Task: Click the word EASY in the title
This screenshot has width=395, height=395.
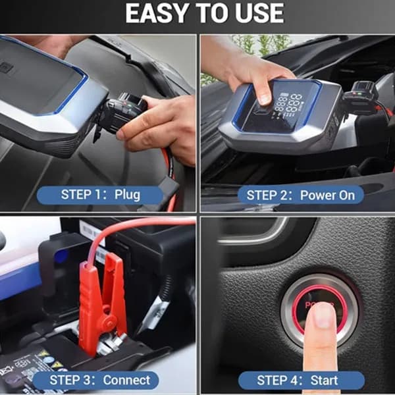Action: coord(158,13)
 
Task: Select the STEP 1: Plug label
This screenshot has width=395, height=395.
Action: coord(100,195)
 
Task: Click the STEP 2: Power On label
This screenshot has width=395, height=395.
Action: coord(301,195)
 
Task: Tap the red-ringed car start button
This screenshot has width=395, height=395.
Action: coord(320,310)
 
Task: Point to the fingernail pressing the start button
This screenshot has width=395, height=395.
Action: coord(322,319)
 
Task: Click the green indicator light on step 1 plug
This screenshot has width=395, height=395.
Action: coord(129,106)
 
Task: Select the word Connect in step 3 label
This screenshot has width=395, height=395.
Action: coord(126,380)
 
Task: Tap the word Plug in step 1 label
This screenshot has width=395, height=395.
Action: coord(127,196)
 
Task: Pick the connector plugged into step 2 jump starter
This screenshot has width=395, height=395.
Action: coord(360,95)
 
